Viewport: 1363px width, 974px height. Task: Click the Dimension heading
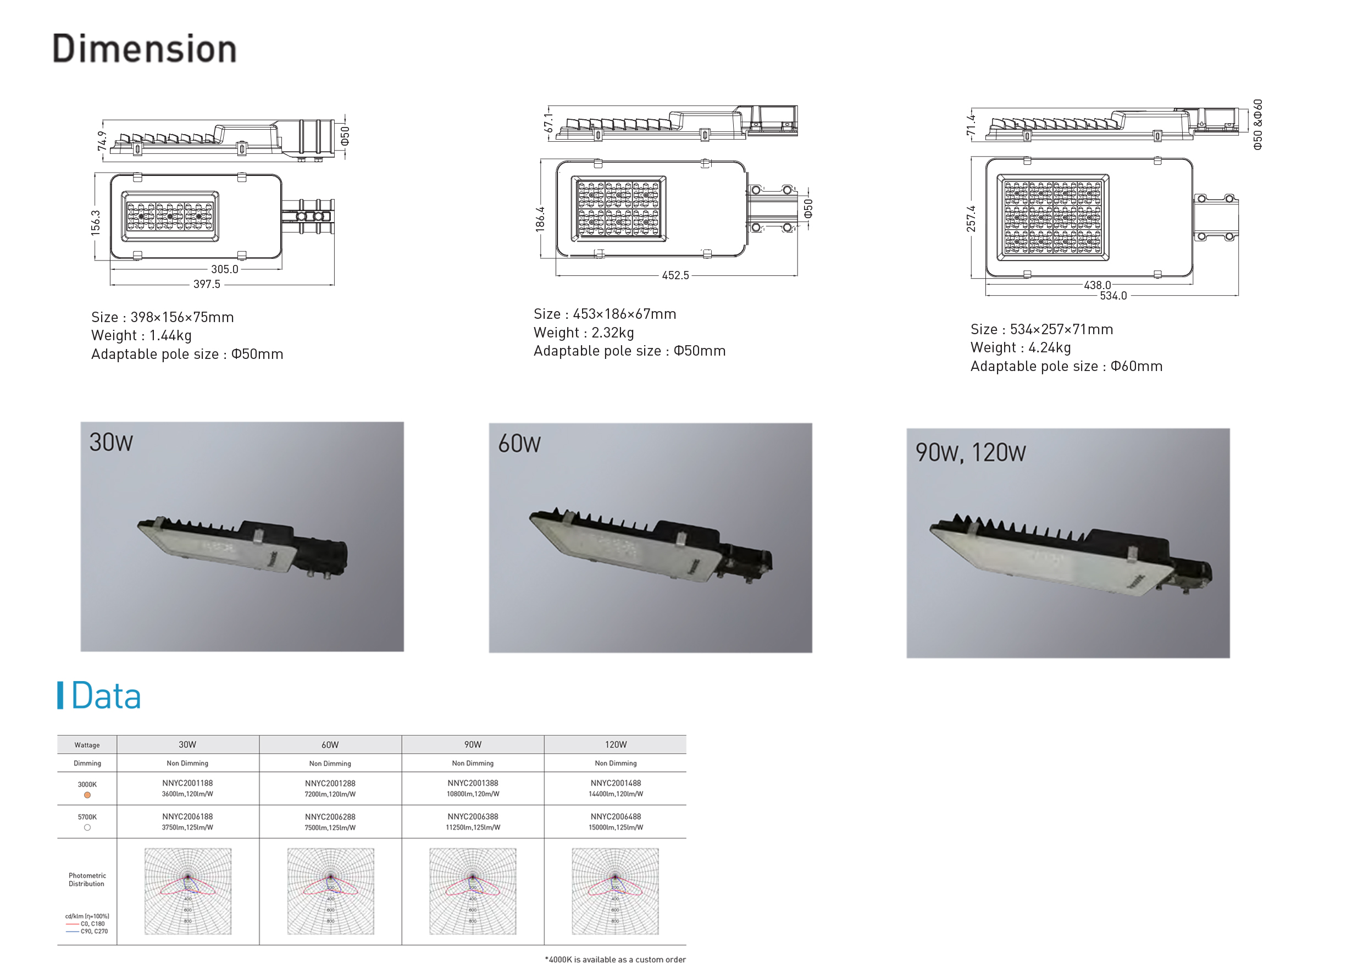(x=144, y=48)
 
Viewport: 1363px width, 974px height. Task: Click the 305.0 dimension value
(x=224, y=269)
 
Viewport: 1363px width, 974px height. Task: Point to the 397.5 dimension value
(x=206, y=284)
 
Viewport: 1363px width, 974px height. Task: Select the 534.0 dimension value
(x=1112, y=296)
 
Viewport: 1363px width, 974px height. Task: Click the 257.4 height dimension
(x=971, y=218)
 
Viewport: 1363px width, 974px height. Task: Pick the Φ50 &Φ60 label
(x=1257, y=124)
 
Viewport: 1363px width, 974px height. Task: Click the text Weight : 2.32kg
(x=583, y=332)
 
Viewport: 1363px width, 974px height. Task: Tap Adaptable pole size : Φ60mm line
(x=1066, y=366)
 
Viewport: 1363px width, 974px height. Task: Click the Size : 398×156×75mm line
(x=162, y=317)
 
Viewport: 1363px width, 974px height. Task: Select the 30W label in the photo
(x=111, y=442)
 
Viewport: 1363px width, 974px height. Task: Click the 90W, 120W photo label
(x=969, y=453)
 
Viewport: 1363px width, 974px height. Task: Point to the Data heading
(x=106, y=696)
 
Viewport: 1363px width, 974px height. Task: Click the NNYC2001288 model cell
(x=330, y=783)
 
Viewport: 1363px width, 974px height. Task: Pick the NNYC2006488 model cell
(x=615, y=816)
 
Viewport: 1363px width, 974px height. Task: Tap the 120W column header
(x=615, y=744)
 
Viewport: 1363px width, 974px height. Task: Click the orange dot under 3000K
(x=87, y=795)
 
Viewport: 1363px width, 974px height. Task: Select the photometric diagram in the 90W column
(x=473, y=890)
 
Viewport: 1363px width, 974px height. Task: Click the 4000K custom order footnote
(x=614, y=959)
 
